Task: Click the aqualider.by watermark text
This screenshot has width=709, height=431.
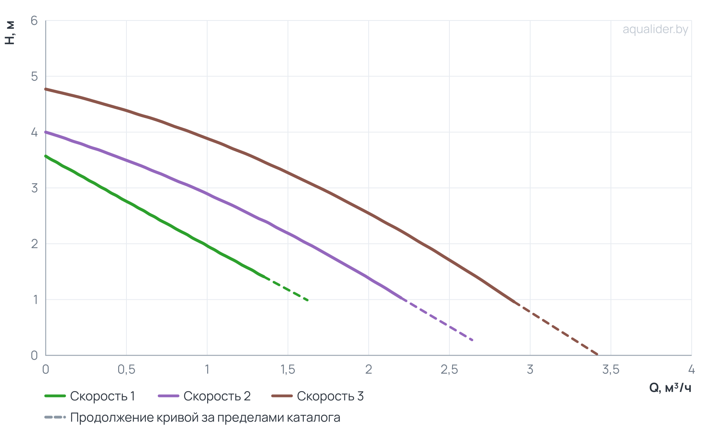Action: (x=655, y=30)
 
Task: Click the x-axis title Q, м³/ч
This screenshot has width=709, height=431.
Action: (x=670, y=388)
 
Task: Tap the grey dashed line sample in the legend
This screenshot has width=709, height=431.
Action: (x=55, y=417)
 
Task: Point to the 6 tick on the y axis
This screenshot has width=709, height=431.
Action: (x=34, y=20)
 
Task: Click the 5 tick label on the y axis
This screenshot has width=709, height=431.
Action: (x=34, y=76)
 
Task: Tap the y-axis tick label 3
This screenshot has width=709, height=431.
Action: (x=34, y=188)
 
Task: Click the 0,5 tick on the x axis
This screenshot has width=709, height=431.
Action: (x=126, y=369)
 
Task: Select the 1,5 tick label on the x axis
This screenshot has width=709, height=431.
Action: (x=288, y=369)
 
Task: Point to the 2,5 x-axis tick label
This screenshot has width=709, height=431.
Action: (x=449, y=369)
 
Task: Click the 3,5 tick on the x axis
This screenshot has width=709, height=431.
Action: (x=611, y=369)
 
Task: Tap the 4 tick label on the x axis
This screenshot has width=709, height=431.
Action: (x=691, y=369)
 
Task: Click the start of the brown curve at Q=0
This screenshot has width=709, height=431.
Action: (x=46, y=89)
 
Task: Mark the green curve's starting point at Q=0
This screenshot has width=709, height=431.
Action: (x=46, y=156)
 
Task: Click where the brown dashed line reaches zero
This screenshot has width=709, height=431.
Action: (x=598, y=355)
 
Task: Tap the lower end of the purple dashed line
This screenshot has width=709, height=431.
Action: (x=473, y=340)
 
